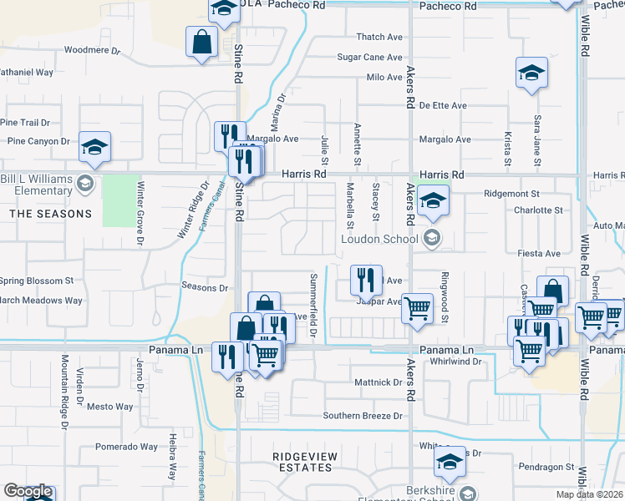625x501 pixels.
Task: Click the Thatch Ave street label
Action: tap(379, 37)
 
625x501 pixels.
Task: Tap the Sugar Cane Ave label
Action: tap(370, 57)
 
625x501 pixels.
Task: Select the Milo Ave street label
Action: tap(384, 77)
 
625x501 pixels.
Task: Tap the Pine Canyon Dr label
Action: tap(38, 141)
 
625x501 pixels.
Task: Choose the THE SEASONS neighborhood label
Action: tap(50, 214)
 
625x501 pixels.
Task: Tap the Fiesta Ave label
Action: tap(540, 253)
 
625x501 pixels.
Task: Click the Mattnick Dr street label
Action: tap(379, 382)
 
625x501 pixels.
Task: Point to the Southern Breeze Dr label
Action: tap(363, 416)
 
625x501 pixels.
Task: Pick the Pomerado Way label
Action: tap(125, 447)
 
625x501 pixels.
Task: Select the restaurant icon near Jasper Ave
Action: tap(365, 280)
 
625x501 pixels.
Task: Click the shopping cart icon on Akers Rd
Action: tap(417, 307)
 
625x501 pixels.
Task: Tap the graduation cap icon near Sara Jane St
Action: tap(531, 72)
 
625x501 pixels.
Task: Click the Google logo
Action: tap(28, 492)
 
